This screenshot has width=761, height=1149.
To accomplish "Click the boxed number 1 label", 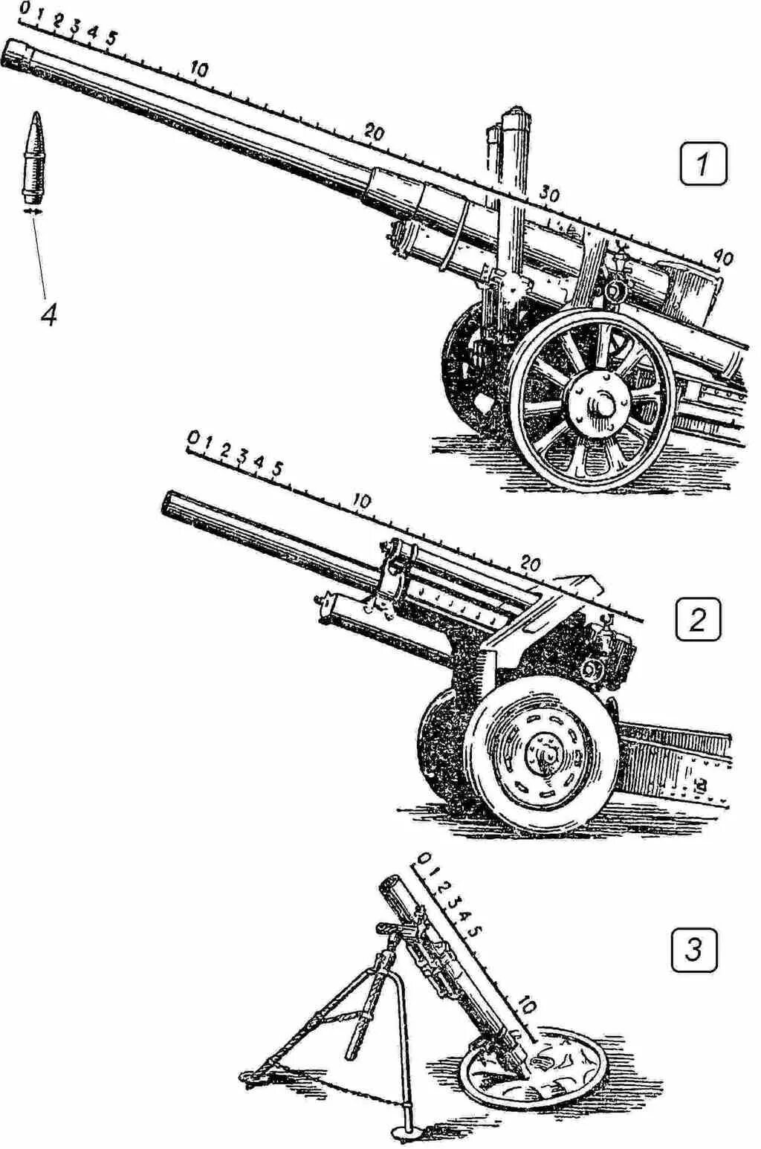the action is coord(703,164).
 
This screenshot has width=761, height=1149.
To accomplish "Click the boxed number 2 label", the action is coord(697,620).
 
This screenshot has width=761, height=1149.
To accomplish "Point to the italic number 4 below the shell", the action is coord(48,315).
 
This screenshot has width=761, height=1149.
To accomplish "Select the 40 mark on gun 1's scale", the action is coord(721,257).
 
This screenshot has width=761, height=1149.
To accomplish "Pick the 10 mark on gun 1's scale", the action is coord(198,71).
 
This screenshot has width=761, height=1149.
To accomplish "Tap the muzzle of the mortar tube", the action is coord(391,884).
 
